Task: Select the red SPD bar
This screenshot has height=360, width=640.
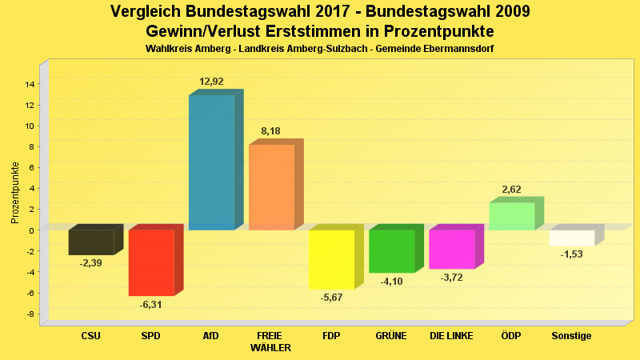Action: (x=151, y=262)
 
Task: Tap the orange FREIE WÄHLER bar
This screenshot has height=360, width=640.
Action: (x=271, y=187)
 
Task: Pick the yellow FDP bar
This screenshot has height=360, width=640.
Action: (x=331, y=259)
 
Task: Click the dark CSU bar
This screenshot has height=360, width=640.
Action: (x=91, y=242)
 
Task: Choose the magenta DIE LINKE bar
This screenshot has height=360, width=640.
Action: (x=452, y=249)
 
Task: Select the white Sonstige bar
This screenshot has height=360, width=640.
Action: (x=572, y=238)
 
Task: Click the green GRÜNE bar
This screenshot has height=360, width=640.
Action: (x=392, y=251)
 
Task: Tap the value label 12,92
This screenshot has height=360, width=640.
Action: (x=212, y=82)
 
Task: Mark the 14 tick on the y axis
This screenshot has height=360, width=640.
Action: (x=30, y=84)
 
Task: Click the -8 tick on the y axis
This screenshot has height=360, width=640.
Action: (x=30, y=314)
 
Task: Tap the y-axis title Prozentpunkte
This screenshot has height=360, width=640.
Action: (x=14, y=192)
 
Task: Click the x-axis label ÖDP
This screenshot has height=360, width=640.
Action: (x=511, y=336)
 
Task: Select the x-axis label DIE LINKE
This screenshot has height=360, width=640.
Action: (x=452, y=336)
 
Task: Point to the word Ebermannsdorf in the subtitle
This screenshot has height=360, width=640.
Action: (x=453, y=49)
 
